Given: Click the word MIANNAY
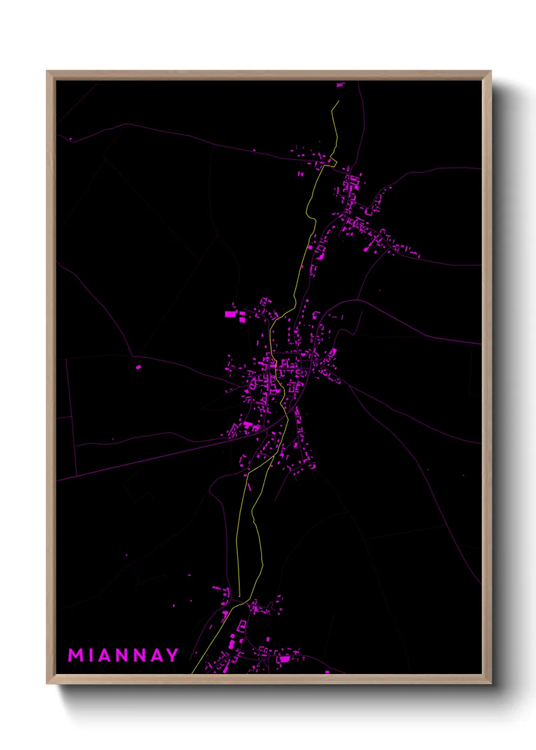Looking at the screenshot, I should coord(123,655).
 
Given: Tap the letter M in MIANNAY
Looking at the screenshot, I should coord(75,655).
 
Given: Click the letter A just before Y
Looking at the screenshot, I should coord(157,655).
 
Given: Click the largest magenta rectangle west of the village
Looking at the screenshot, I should coord(231,314).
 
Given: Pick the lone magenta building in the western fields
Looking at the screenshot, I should coord(138,367).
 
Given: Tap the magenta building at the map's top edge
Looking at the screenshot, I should coord(340,85).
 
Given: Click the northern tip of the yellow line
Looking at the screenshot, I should coord(338,101).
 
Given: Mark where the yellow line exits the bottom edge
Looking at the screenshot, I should coord(192,672).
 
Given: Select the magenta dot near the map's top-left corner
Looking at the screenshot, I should coord(70,139).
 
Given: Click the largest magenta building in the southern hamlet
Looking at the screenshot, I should coord(284,659).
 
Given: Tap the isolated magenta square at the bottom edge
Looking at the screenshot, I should coord(327,672).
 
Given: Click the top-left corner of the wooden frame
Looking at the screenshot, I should coord(47,71).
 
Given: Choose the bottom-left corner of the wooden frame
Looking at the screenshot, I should coord(47,684).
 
